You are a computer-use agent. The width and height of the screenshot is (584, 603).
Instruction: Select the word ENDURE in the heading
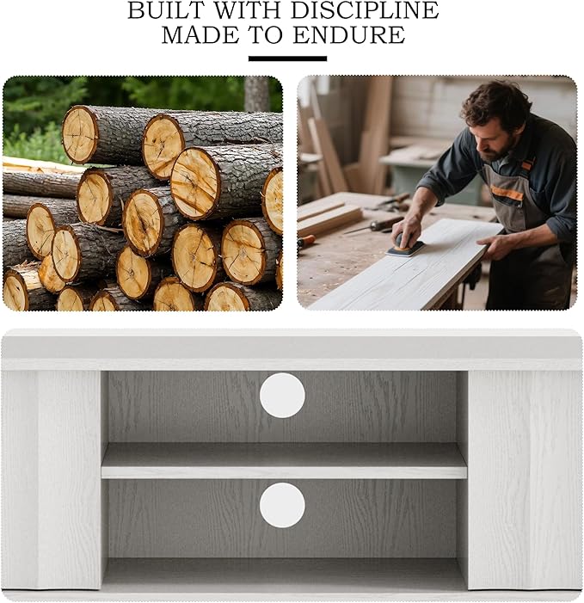[x=348, y=35]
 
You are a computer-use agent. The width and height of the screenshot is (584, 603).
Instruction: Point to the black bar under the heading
[x=287, y=58]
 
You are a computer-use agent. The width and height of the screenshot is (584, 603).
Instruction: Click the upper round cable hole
[x=282, y=395]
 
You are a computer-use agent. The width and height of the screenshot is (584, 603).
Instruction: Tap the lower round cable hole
[x=282, y=505]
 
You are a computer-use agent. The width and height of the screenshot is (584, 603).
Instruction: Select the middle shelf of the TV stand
[x=284, y=461]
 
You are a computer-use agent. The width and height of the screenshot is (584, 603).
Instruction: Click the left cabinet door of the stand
[x=52, y=479]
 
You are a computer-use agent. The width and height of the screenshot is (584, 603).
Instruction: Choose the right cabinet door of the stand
[x=525, y=479]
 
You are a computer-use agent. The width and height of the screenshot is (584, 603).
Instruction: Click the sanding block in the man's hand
[x=405, y=247]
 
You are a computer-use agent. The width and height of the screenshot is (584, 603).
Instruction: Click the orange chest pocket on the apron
[x=507, y=193]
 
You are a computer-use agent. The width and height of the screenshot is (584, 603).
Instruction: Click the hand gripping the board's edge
[x=495, y=247]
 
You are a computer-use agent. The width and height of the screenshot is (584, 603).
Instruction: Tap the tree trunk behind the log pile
[x=256, y=94]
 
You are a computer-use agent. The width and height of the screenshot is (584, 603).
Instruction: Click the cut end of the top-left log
[x=80, y=134]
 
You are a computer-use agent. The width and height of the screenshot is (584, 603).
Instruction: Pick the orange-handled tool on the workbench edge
[x=306, y=242]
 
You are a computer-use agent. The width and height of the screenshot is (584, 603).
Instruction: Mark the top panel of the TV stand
[x=292, y=348]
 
